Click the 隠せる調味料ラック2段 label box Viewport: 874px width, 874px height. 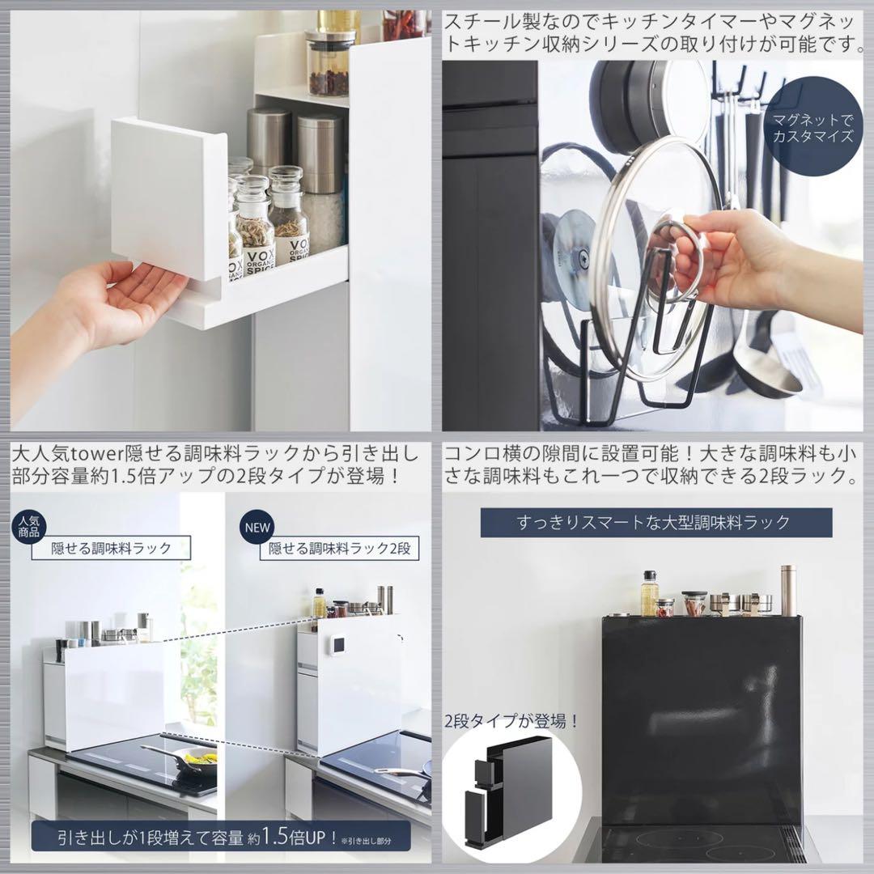tap(339, 549)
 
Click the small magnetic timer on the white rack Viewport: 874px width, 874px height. tap(338, 645)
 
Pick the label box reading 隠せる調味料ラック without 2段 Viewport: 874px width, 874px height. tap(111, 548)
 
